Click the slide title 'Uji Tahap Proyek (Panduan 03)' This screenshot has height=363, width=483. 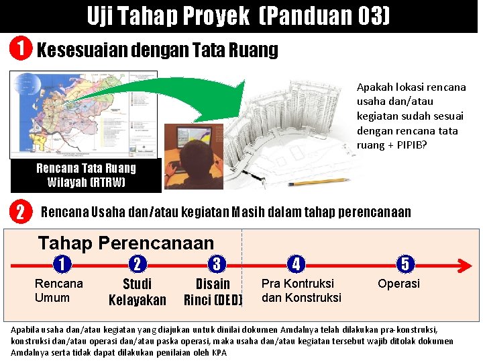click(x=238, y=16)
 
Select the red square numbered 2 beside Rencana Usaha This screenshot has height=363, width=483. click(x=21, y=213)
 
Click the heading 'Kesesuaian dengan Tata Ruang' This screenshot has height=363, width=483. click(x=157, y=50)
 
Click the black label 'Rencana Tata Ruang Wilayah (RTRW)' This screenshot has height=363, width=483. click(x=86, y=175)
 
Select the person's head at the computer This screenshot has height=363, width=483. click(x=201, y=151)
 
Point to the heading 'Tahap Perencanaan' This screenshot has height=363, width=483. click(x=126, y=243)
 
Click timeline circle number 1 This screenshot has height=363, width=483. click(x=61, y=264)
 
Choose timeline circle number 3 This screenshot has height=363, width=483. click(x=216, y=264)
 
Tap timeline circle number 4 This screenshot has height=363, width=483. click(x=296, y=264)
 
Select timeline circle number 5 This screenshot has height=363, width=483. click(x=405, y=264)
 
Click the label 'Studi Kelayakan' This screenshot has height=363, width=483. click(x=137, y=292)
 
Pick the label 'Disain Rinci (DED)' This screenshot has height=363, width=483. click(x=213, y=292)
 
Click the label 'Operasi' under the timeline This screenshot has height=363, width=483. click(x=398, y=284)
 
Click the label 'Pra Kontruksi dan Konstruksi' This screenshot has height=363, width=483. click(x=301, y=290)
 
